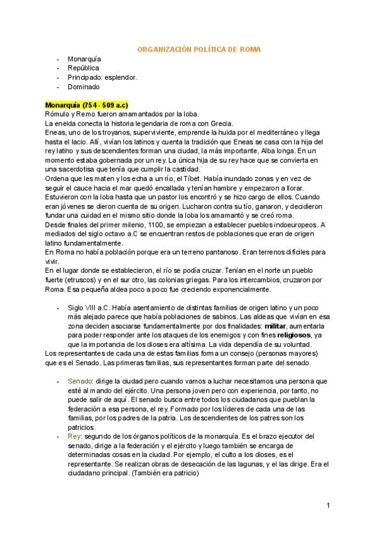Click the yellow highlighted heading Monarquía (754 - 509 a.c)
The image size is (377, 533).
click(x=87, y=104)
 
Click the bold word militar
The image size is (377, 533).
click(x=275, y=327)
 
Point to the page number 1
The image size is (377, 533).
click(x=328, y=505)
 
